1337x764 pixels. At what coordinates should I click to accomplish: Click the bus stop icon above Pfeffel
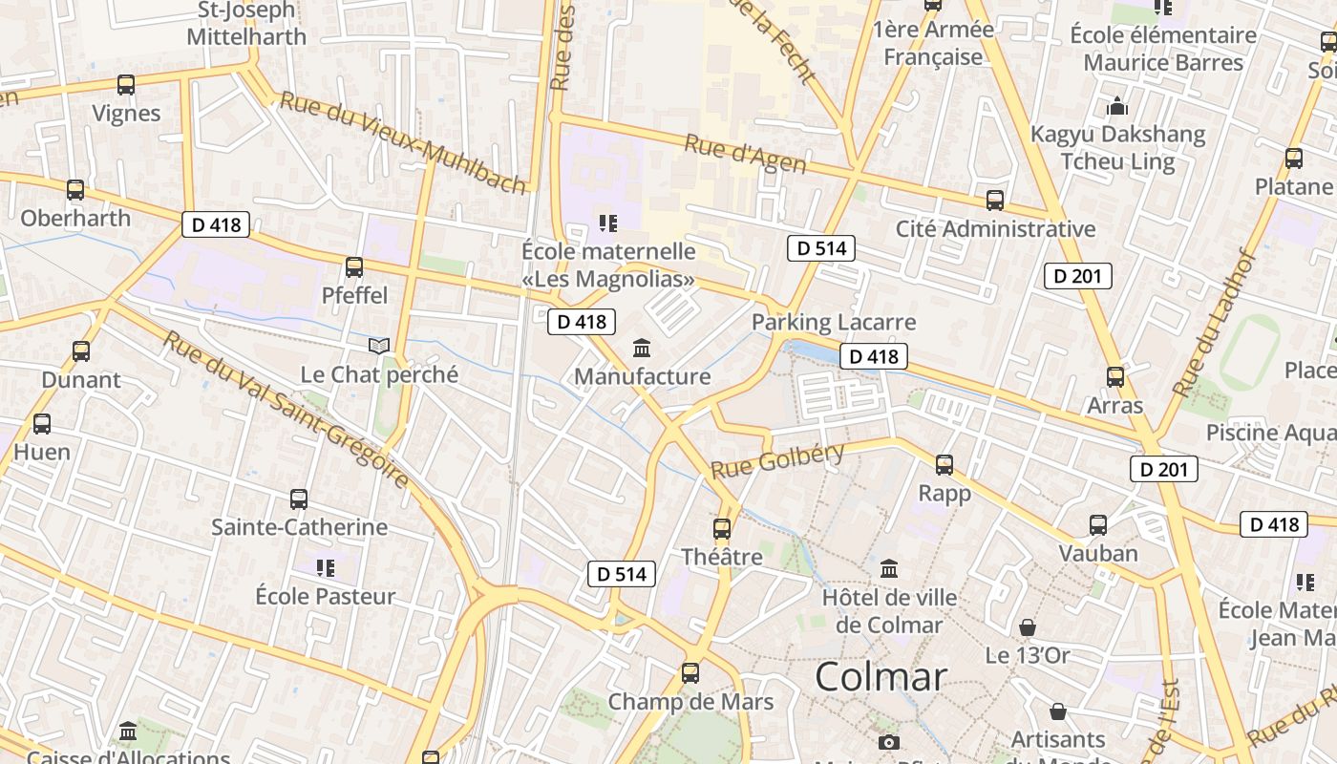(x=354, y=267)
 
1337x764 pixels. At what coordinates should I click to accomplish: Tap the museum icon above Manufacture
(x=642, y=349)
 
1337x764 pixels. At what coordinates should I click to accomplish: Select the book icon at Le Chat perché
(x=379, y=346)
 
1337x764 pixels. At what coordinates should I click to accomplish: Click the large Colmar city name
(x=881, y=677)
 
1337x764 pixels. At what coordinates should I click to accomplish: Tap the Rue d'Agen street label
(x=746, y=155)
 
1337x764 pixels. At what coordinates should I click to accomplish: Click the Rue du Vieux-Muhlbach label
(x=402, y=141)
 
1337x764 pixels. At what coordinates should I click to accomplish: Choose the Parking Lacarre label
(x=834, y=322)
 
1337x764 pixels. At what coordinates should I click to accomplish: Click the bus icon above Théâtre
(x=722, y=528)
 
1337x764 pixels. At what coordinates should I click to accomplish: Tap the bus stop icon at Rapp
(x=944, y=465)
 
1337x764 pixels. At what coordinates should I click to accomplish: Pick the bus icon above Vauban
(x=1098, y=525)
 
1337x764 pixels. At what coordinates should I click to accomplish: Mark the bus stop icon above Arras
(x=1114, y=377)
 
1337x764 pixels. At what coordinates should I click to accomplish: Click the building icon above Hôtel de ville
(x=889, y=569)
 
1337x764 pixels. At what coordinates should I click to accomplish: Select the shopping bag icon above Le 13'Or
(x=1028, y=627)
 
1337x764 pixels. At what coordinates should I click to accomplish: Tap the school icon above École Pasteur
(x=326, y=568)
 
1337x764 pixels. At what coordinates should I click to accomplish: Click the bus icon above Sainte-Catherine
(x=299, y=499)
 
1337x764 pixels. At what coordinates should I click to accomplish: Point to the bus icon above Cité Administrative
(x=995, y=201)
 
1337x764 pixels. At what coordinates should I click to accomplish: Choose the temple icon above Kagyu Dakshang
(x=1117, y=106)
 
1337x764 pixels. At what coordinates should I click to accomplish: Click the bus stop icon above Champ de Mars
(x=690, y=673)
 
